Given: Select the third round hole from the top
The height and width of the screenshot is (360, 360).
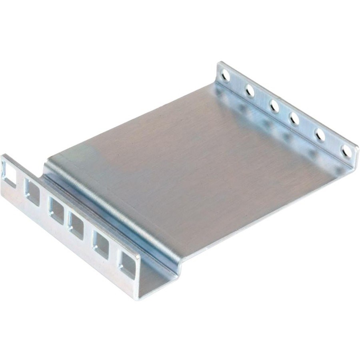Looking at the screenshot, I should pos(274,106).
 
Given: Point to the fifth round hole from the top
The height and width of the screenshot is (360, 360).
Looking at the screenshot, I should pos(320,135).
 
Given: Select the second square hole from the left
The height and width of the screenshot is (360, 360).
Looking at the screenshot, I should pos(32,192).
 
